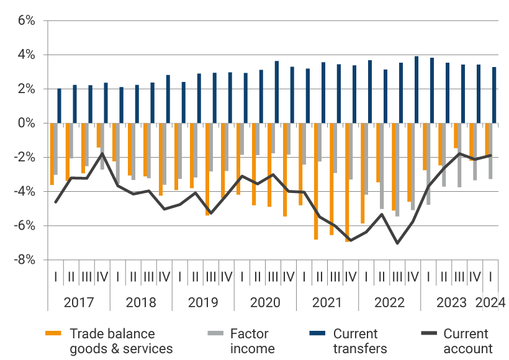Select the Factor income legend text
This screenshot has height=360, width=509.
pyautogui.click(x=252, y=341)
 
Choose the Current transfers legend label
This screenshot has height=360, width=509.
pyautogui.click(x=360, y=341)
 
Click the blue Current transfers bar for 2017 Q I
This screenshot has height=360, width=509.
pyautogui.click(x=60, y=106)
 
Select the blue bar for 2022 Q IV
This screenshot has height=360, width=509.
pyautogui.click(x=417, y=90)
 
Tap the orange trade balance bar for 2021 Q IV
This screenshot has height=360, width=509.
pyautogui.click(x=347, y=182)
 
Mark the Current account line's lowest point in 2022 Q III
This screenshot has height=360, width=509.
pyautogui.click(x=397, y=243)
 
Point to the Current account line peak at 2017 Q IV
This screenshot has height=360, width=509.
pyautogui.click(x=102, y=153)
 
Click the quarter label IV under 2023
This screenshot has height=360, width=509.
pyautogui.click(x=475, y=276)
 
